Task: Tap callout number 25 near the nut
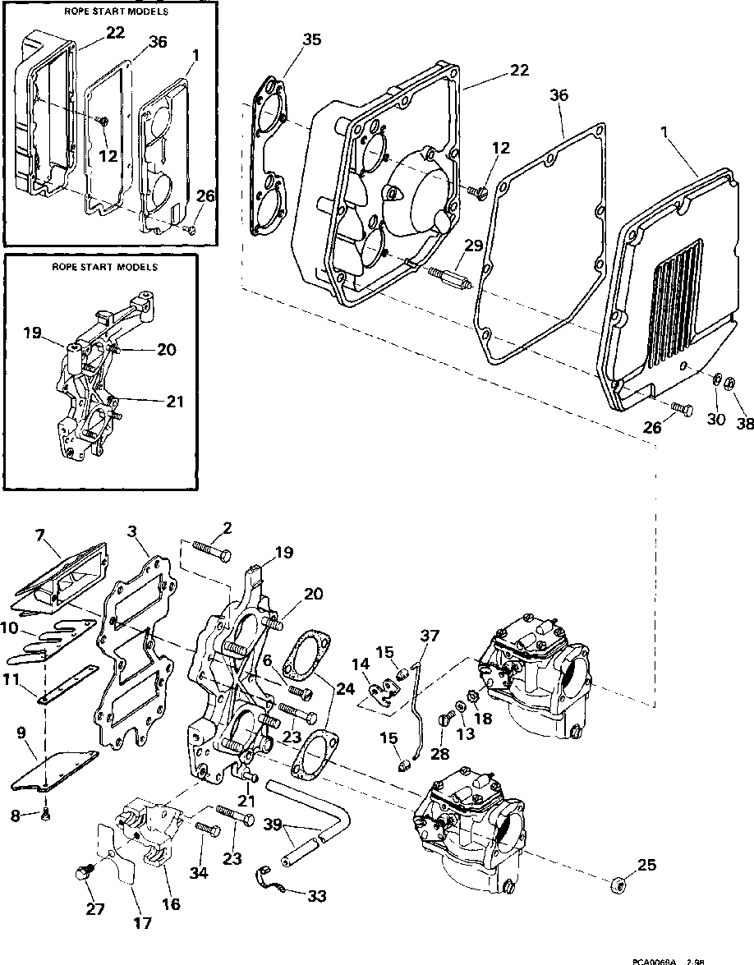pos(647,866)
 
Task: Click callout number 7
pos(39,536)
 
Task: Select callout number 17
pos(142,923)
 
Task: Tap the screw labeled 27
pos(81,874)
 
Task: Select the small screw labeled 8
pos(47,814)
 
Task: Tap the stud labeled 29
pos(448,275)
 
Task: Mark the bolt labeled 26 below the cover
pos(681,407)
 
